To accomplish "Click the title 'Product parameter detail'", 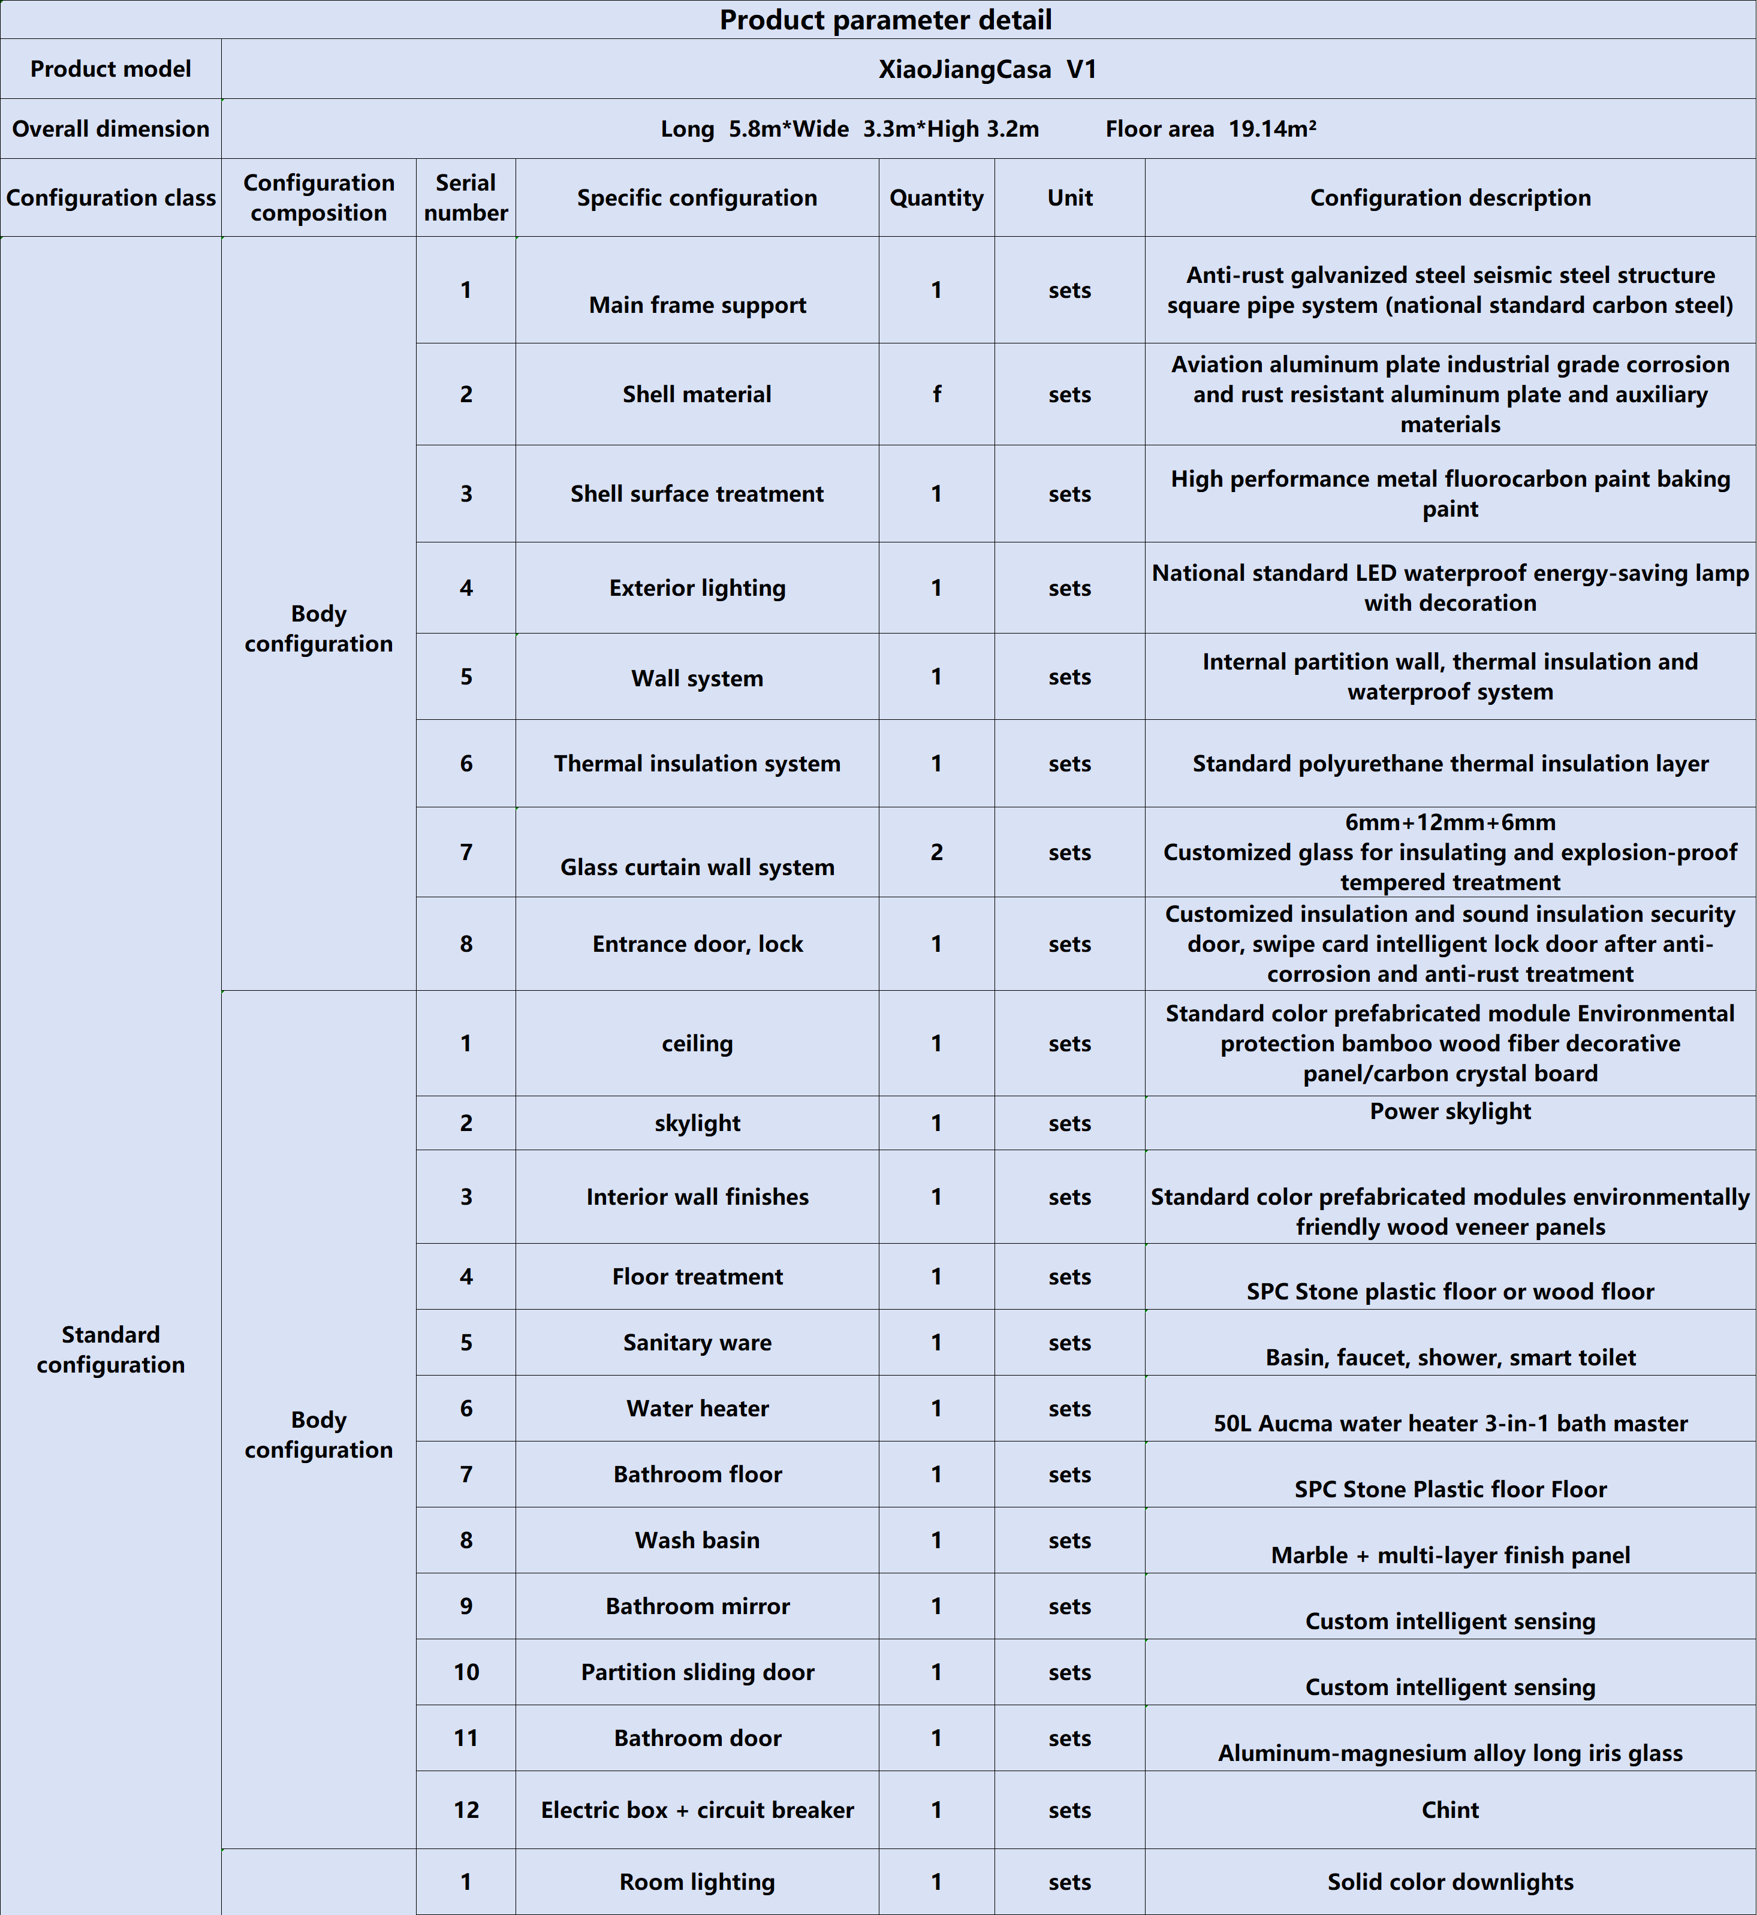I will pos(885,20).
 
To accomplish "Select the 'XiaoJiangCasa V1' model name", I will pos(987,70).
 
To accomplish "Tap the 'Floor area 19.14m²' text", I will pos(1210,128).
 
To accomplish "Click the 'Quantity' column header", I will pos(936,198).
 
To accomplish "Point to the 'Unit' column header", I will pos(1069,198).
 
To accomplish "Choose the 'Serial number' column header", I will pos(465,198).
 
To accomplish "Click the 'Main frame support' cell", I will pos(697,304).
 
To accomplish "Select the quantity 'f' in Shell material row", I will pos(936,394).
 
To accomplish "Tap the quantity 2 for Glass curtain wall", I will pos(936,852).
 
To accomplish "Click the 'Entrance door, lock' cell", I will pos(697,943).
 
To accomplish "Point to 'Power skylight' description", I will pos(1450,1111).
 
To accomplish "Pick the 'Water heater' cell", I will pos(697,1408).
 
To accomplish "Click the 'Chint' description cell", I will pos(1450,1810).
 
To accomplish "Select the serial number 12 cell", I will pos(465,1810).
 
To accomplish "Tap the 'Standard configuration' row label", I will pos(110,1349).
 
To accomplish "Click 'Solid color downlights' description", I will pos(1450,1881).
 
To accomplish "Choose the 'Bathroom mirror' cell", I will pos(697,1606).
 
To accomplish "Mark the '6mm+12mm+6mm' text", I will pos(1450,822).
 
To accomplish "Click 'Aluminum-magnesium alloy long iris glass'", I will pos(1450,1753).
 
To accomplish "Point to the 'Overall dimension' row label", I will pos(110,128).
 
